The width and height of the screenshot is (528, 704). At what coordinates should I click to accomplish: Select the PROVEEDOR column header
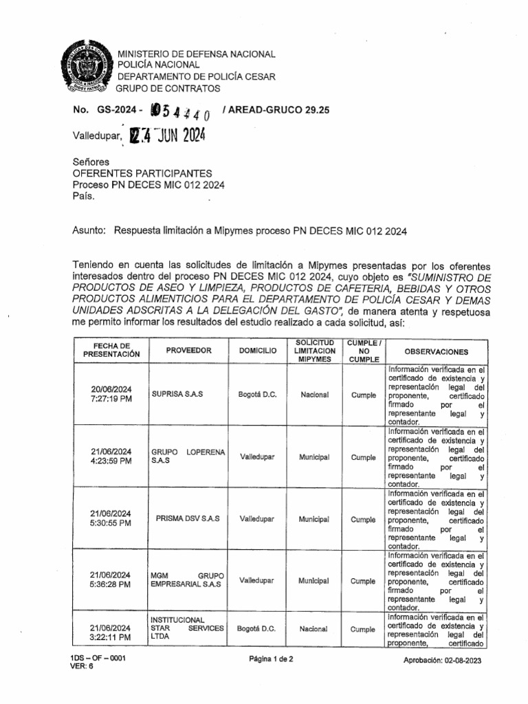pos(188,351)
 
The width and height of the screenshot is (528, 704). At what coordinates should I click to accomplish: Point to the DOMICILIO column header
pos(258,351)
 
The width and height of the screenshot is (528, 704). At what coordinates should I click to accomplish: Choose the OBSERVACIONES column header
pos(436,351)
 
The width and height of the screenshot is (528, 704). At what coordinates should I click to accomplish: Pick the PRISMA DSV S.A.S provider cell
pos(188,519)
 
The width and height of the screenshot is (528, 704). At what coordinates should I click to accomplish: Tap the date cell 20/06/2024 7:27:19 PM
pos(111,394)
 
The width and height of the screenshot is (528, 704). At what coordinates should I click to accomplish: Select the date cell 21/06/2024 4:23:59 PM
pos(111,456)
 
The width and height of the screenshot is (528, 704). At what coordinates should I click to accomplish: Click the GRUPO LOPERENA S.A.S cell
pos(187,456)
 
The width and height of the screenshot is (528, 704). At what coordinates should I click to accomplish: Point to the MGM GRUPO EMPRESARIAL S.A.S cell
pos(187,580)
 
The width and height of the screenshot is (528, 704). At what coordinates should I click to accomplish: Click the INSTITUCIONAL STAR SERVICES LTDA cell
pos(187,628)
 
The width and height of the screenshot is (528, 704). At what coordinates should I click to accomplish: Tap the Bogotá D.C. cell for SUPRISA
pos(258,395)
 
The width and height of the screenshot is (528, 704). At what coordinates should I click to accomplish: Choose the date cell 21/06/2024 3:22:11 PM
pos(111,633)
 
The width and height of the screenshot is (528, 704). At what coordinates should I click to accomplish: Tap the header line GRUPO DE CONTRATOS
pos(168,89)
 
